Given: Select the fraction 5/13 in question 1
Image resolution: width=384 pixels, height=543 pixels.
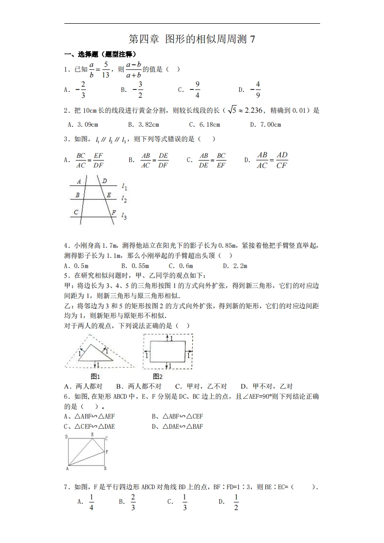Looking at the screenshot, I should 106,69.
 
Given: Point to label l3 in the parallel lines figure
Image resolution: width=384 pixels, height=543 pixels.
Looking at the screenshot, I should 124,216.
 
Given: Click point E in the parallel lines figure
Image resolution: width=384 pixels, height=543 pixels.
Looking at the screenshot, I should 109,195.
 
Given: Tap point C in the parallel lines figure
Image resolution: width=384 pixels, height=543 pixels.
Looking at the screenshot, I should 76,212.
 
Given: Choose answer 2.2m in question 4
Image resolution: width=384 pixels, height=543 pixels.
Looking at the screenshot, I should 240,266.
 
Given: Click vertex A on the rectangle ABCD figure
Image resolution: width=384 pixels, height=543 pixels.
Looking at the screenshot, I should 67,468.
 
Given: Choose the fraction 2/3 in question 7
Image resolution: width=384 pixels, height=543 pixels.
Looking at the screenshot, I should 133,502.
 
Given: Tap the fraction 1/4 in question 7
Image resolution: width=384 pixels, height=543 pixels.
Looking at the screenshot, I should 92,502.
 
